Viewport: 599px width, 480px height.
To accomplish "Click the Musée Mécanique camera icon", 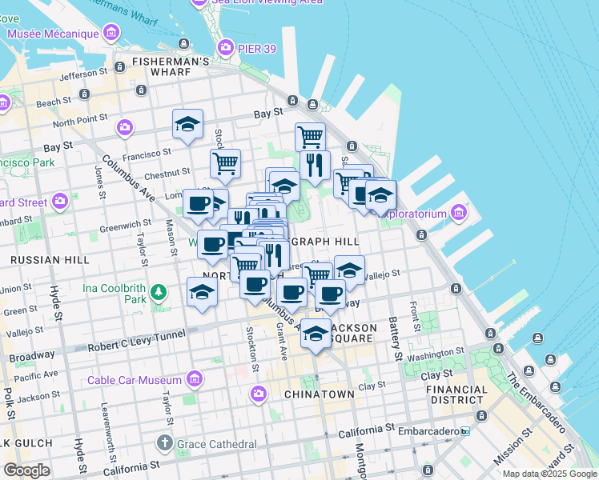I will click(x=111, y=34).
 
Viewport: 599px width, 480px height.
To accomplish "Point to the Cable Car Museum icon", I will click(x=194, y=379).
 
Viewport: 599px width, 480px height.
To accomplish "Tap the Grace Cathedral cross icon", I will click(x=165, y=442).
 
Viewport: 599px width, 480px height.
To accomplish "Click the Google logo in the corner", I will click(x=26, y=470).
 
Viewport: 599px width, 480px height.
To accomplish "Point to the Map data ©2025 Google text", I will click(x=549, y=474).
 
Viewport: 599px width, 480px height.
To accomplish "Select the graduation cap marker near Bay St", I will click(x=187, y=125).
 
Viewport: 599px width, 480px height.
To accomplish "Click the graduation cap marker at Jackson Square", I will click(x=316, y=334).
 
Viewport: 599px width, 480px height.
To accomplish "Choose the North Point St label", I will click(x=75, y=121).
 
